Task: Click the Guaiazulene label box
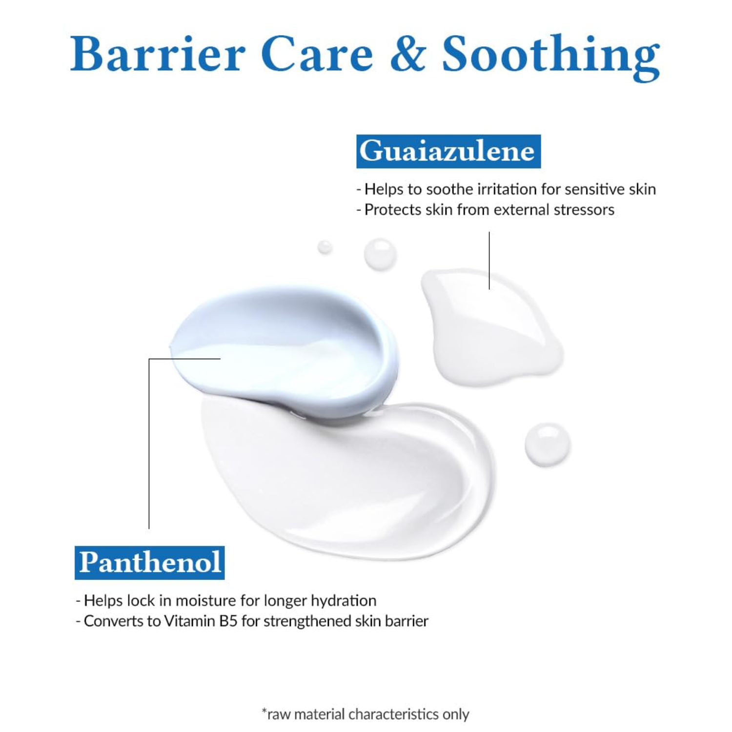click(x=448, y=151)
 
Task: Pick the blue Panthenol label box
click(x=150, y=563)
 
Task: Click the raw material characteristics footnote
click(x=366, y=714)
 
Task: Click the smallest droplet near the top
click(x=325, y=247)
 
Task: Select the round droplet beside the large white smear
click(x=548, y=444)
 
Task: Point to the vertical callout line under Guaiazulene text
click(x=489, y=261)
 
